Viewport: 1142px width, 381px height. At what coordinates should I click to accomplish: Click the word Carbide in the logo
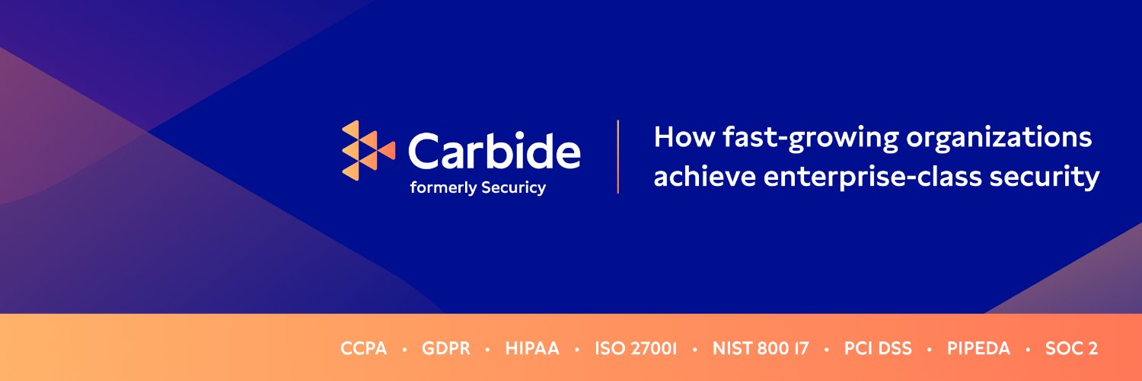[494, 150]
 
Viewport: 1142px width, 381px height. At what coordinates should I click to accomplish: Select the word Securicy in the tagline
[513, 187]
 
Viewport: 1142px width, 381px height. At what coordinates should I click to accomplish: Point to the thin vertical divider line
[617, 156]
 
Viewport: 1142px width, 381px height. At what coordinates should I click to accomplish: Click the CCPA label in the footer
[364, 349]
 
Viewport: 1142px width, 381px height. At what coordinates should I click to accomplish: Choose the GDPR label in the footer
[445, 349]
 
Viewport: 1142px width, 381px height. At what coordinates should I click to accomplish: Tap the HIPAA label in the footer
[532, 349]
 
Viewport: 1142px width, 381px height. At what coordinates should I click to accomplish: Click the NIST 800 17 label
[761, 349]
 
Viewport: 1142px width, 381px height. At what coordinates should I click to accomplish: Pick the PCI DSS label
[878, 349]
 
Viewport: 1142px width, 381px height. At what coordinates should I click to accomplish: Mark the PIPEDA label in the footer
[978, 349]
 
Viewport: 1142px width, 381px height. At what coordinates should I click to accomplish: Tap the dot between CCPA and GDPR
[404, 350]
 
